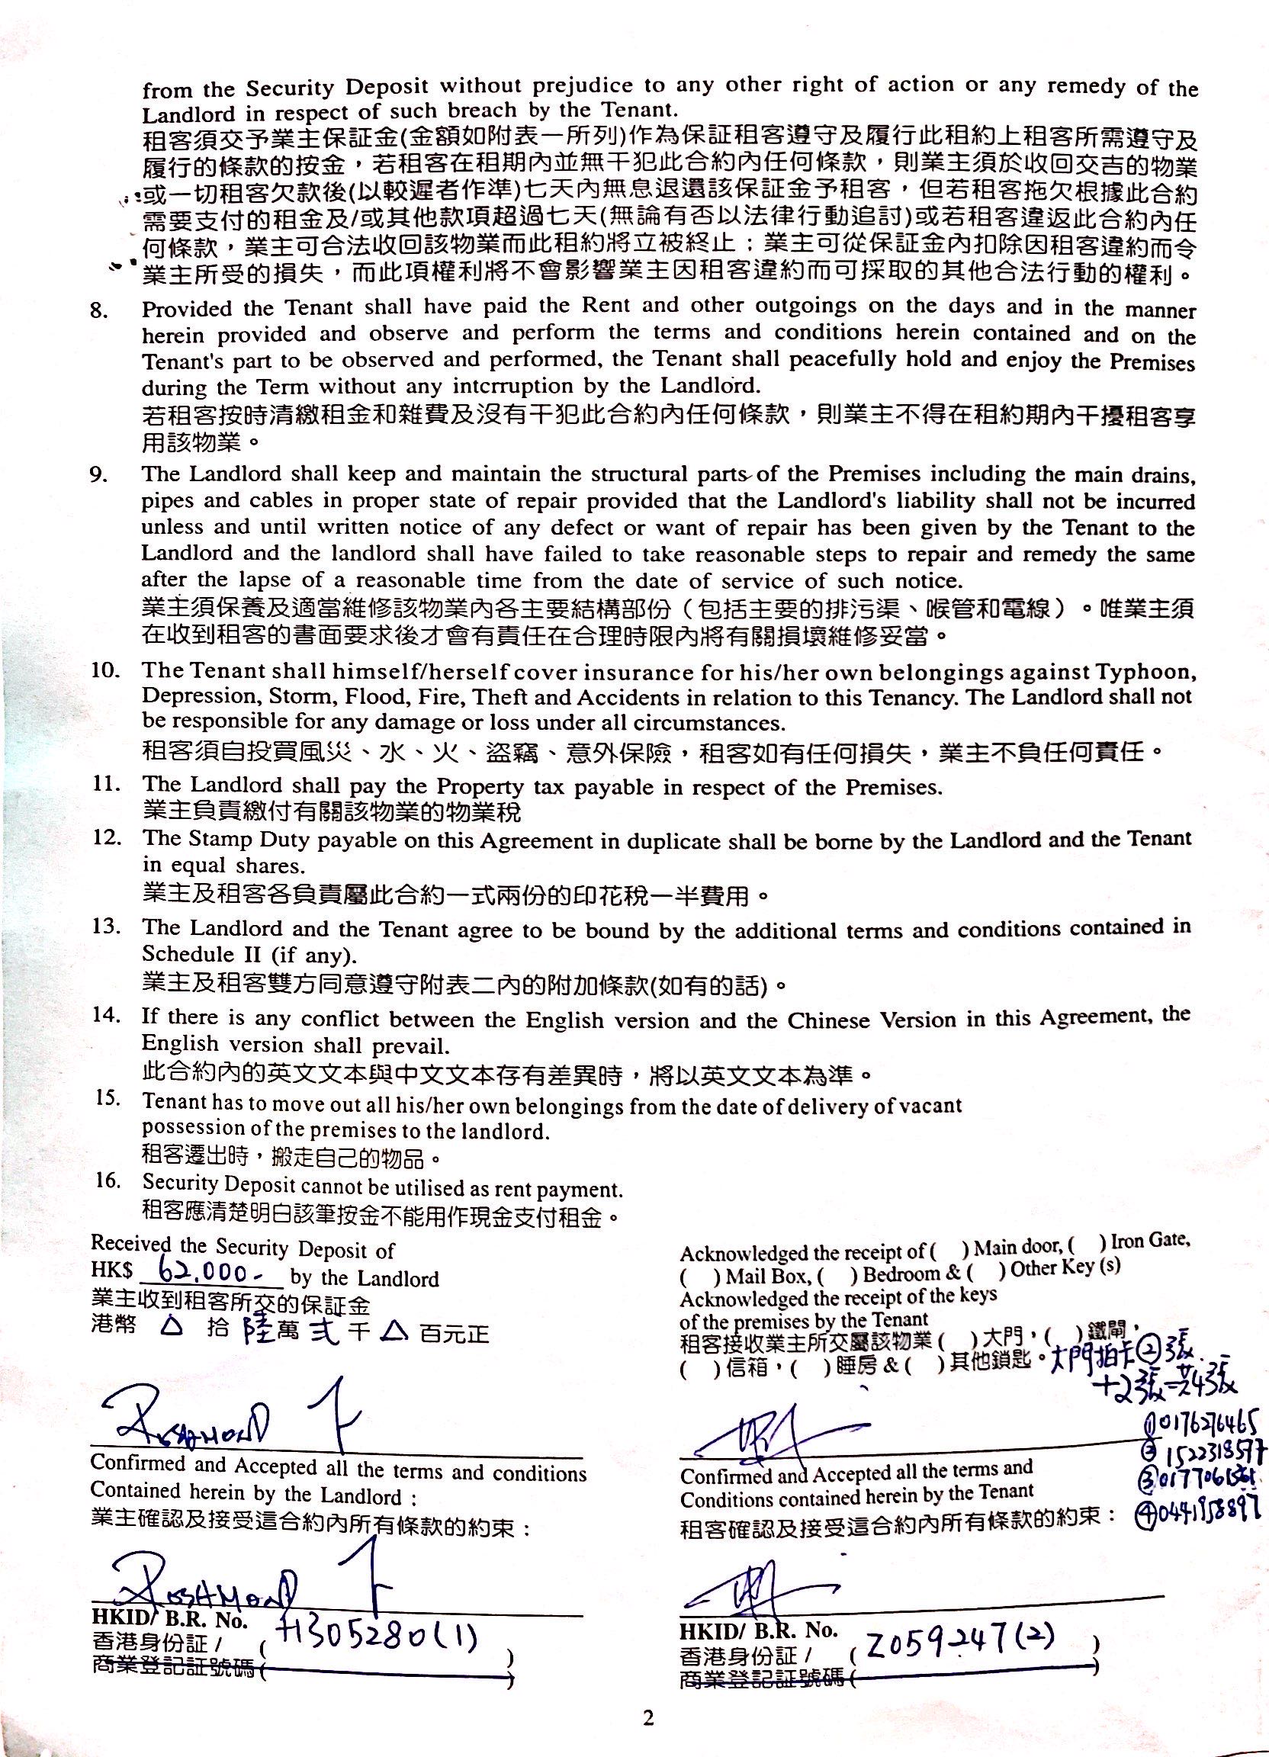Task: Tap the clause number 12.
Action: [105, 837]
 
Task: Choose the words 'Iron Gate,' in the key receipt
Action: [1151, 1241]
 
